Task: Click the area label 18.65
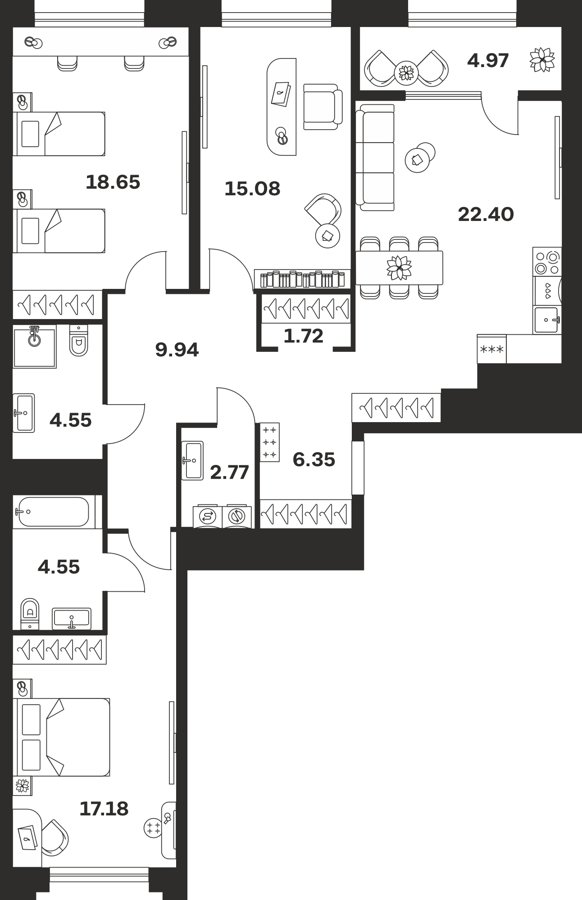pos(113,182)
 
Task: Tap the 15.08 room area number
pos(252,189)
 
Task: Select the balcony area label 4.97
pos(488,60)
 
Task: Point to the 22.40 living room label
pos(486,214)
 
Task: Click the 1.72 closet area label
pos(304,336)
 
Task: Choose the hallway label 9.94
pos(177,350)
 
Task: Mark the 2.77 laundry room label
pos(230,472)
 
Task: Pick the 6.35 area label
pos(314,459)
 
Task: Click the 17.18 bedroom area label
pos(104,809)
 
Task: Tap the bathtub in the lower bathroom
pos(54,512)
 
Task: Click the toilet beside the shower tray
pos(79,341)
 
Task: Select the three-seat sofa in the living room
pos(375,157)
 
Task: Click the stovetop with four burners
pos(547,261)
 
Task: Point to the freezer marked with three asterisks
pos(492,349)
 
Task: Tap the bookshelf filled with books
pos(302,279)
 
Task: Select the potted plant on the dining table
pos(399,267)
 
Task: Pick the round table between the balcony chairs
pos(406,72)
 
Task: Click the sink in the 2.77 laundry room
pos(192,460)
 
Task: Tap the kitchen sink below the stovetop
pos(547,320)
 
